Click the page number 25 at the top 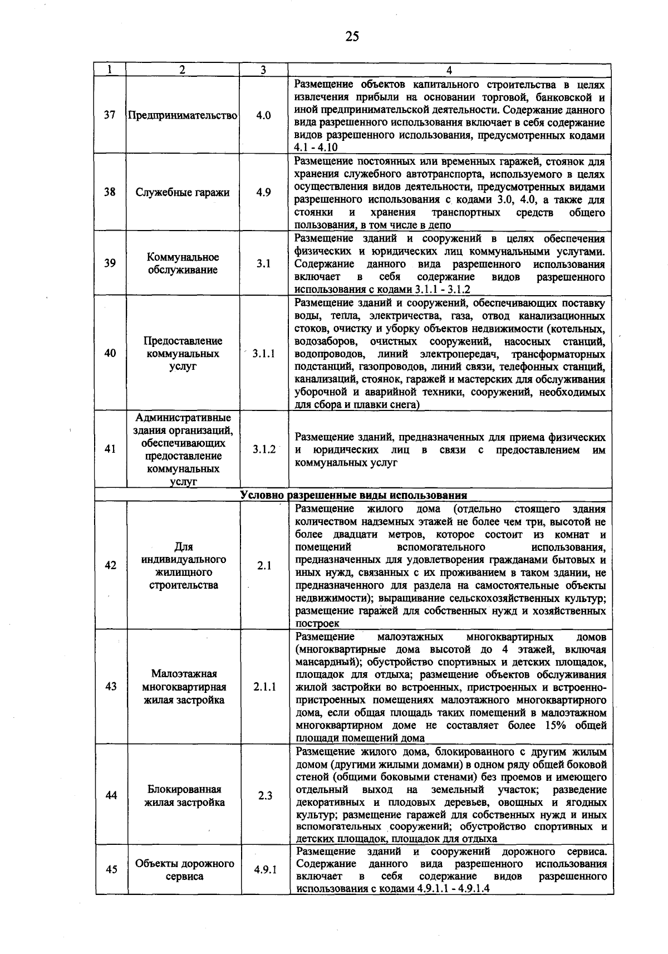click(x=352, y=37)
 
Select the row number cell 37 click(x=110, y=115)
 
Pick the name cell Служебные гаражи click(x=183, y=193)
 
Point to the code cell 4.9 click(x=263, y=193)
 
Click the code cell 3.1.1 click(x=263, y=354)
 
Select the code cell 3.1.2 click(x=264, y=449)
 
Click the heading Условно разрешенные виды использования click(x=353, y=495)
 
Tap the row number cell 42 click(x=110, y=565)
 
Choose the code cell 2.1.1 click(x=264, y=687)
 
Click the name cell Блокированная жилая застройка click(x=184, y=796)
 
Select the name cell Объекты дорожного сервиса click(x=184, y=869)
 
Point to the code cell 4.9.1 click(x=265, y=870)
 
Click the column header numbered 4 click(x=449, y=70)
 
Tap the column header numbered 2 click(x=182, y=70)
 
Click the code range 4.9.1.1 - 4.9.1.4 click(x=453, y=889)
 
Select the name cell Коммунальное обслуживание click(x=183, y=263)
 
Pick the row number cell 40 click(x=110, y=353)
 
